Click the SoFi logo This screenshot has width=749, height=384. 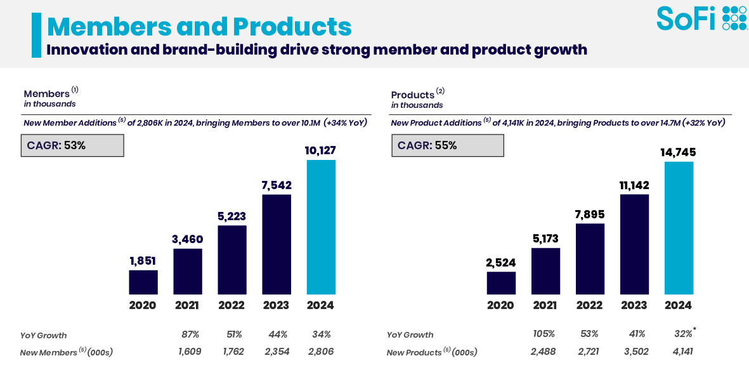[x=701, y=18]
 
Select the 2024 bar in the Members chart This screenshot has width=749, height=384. [x=321, y=227]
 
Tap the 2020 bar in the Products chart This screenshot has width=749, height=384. [x=501, y=283]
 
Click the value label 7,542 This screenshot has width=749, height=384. [x=277, y=185]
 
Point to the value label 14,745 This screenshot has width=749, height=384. [x=678, y=152]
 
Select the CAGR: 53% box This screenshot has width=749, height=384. [x=74, y=145]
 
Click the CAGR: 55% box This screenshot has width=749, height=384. [x=447, y=145]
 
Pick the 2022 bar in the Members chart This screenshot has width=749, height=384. [x=232, y=260]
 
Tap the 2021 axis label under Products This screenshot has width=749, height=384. [x=545, y=305]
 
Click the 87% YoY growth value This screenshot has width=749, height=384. [x=190, y=334]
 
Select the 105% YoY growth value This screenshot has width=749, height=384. [x=544, y=334]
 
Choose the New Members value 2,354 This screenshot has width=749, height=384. [x=277, y=352]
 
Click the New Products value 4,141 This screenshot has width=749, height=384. [x=678, y=352]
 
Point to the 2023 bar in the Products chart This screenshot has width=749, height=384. [x=634, y=244]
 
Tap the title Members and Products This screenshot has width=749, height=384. [x=199, y=27]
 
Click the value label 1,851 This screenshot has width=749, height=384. [x=143, y=261]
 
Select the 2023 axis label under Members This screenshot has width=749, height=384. [x=276, y=305]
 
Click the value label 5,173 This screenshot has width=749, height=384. [x=545, y=239]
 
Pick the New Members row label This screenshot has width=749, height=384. [x=66, y=352]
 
